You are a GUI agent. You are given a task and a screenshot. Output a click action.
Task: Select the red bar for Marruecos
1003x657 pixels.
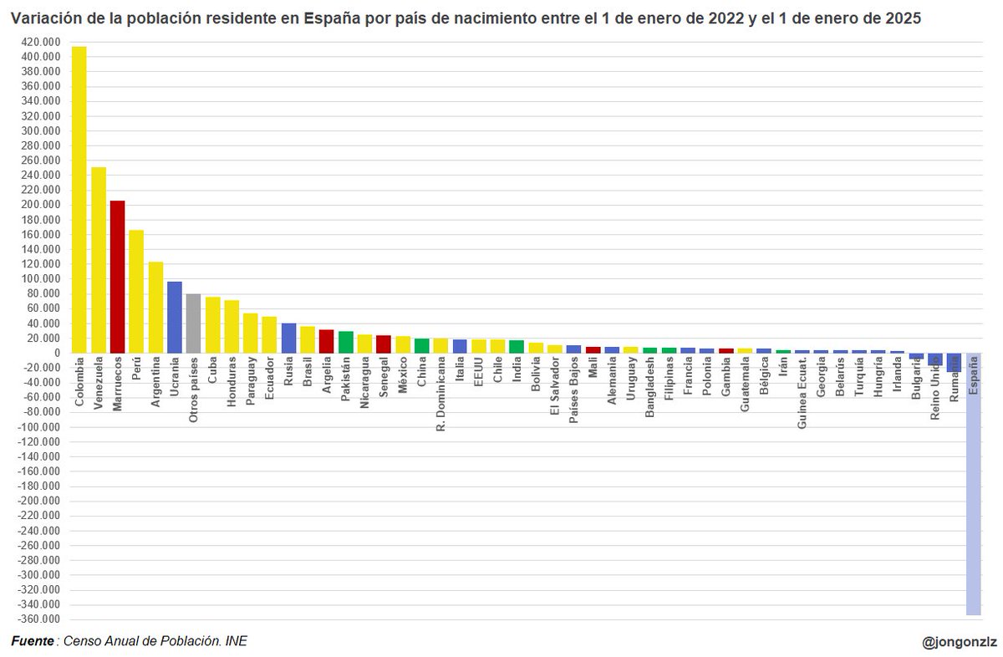117,277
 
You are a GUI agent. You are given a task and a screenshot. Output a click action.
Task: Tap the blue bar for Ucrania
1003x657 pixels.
174,317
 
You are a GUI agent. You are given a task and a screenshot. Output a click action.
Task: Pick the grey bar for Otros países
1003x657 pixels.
193,323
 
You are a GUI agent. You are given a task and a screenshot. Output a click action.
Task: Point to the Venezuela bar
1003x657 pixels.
99,260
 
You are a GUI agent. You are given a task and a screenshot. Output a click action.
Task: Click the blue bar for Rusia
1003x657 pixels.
288,338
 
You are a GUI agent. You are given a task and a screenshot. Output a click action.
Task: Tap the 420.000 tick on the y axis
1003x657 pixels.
40,42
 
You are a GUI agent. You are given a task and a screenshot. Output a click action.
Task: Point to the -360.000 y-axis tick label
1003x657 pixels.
38,619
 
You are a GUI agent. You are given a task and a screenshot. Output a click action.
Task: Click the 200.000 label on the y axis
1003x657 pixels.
40,205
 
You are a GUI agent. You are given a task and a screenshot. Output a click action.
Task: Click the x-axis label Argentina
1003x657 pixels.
155,382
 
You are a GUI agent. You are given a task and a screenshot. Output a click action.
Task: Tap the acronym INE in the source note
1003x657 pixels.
237,641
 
